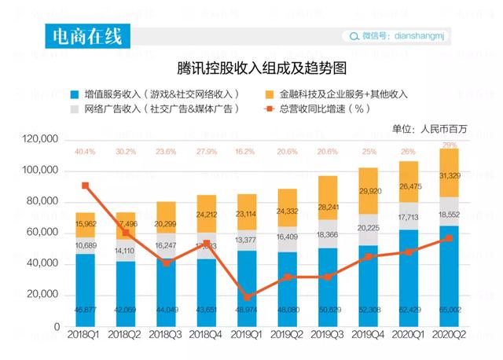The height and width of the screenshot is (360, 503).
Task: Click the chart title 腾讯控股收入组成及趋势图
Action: (251, 69)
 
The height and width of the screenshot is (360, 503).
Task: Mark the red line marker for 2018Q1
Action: (85, 186)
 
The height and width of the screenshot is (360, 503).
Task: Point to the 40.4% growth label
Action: (85, 152)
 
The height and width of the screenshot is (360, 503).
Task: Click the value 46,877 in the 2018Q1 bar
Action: (85, 310)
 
